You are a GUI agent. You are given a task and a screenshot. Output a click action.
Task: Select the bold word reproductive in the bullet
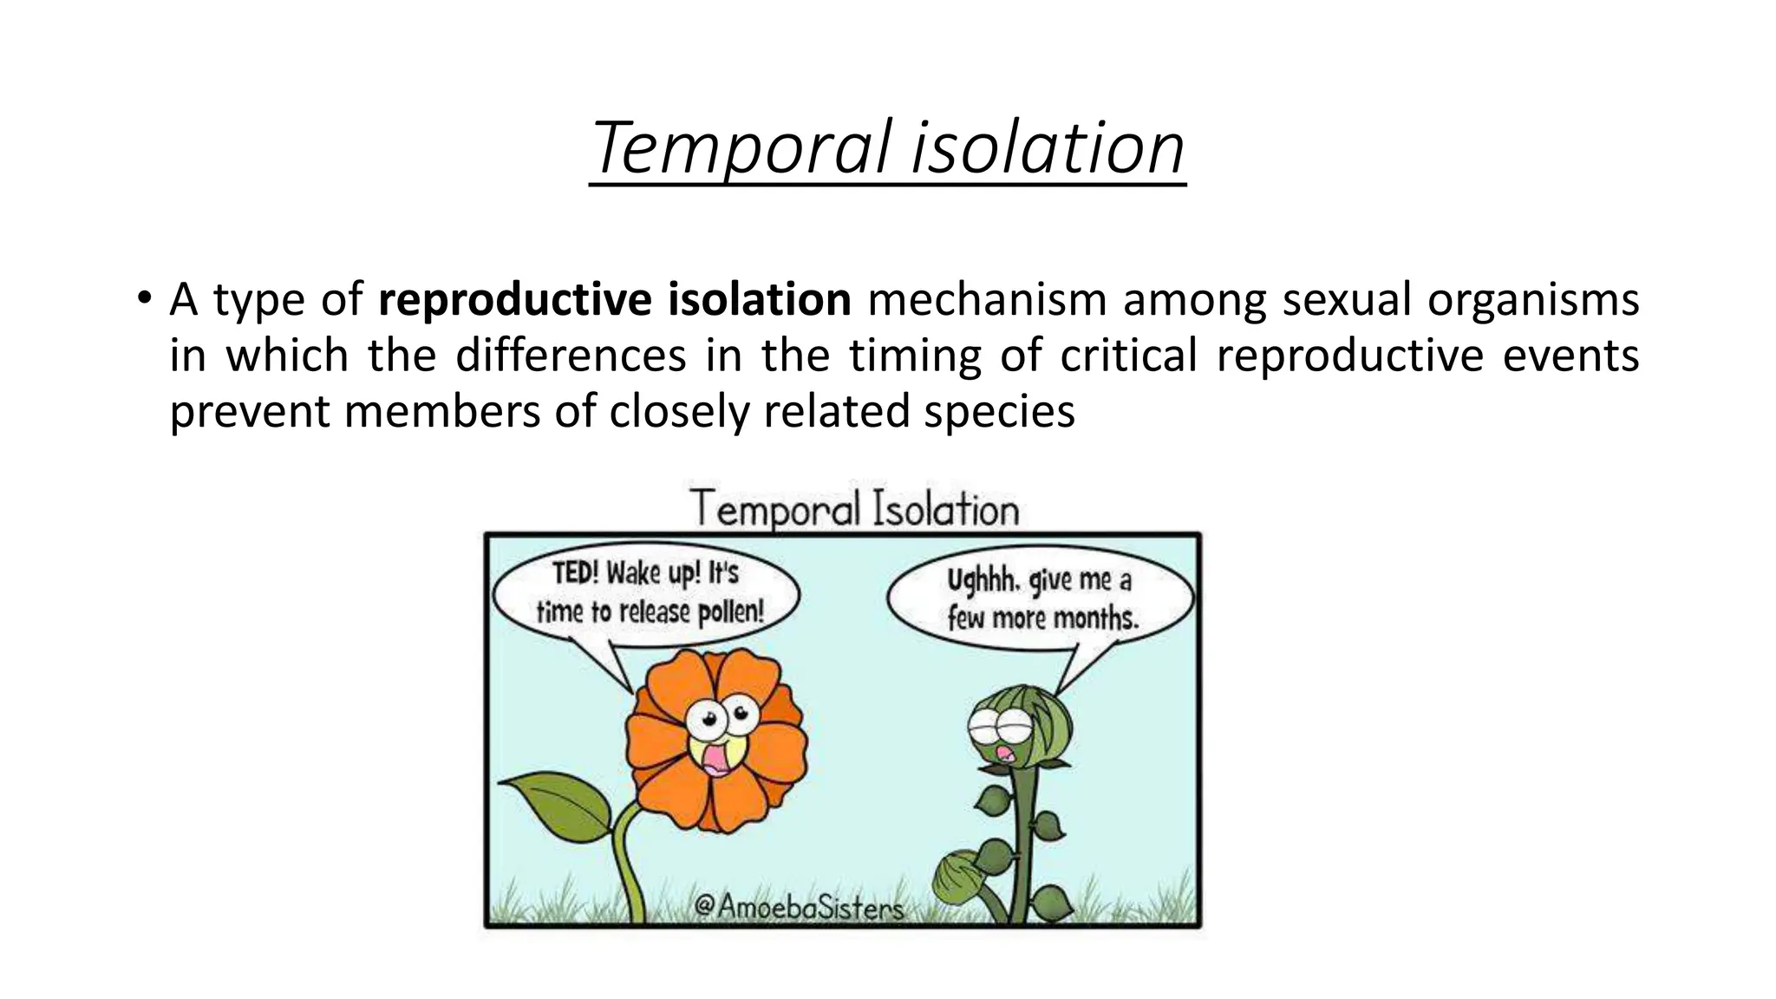click(515, 300)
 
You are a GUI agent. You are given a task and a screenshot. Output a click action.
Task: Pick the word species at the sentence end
click(999, 411)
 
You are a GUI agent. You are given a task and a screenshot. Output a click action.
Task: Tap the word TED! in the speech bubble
click(576, 573)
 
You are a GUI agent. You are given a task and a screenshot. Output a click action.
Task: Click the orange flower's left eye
click(705, 719)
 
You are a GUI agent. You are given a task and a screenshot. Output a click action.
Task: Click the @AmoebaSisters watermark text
click(798, 907)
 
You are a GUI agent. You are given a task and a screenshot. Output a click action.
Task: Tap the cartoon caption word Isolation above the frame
click(944, 509)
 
